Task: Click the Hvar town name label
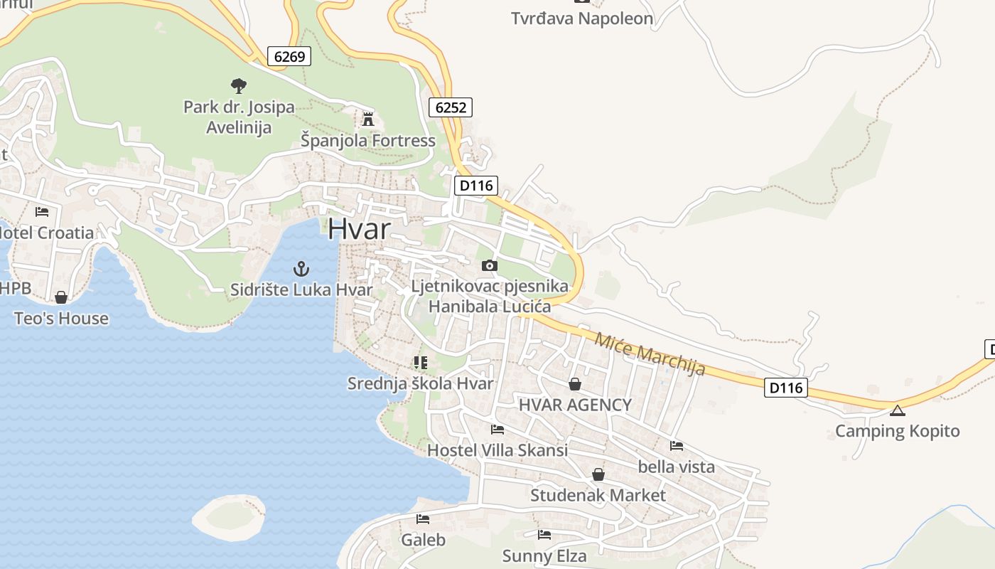[359, 229]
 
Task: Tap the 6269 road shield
[289, 56]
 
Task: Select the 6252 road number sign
[451, 107]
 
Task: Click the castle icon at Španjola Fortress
[367, 119]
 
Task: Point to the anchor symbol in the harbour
[301, 269]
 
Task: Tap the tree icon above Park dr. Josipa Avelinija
[239, 86]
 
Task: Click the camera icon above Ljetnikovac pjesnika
[489, 265]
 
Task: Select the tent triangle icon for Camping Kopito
[898, 410]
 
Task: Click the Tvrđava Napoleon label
[582, 18]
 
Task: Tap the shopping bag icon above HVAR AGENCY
[574, 384]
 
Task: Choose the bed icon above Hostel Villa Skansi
[497, 430]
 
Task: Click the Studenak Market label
[598, 495]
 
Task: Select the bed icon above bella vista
[677, 446]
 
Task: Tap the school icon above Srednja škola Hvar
[420, 363]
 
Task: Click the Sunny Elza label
[544, 556]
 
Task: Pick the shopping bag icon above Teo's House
[61, 297]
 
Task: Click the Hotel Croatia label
[47, 233]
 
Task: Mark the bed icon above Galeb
[423, 519]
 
